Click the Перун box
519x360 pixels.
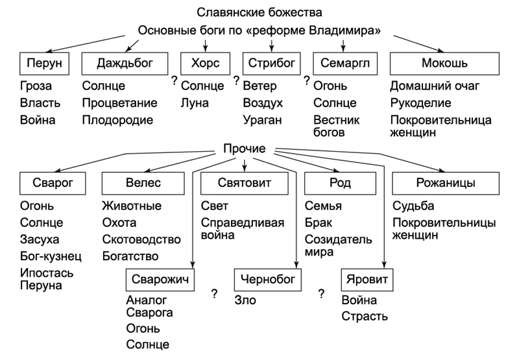(x=43, y=64)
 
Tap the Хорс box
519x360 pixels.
(x=206, y=64)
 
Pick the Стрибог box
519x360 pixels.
(x=271, y=64)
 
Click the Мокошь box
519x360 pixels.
(x=444, y=64)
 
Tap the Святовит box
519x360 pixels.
(x=245, y=184)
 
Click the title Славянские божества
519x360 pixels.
(x=259, y=12)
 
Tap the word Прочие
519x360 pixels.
(x=244, y=149)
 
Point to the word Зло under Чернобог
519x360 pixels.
(x=246, y=301)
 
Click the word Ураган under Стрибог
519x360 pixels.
(x=263, y=120)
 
